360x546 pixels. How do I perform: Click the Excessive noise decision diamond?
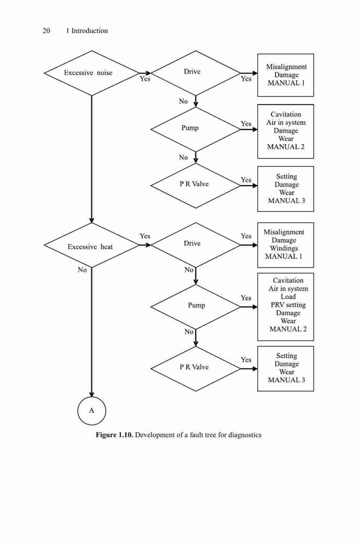coord(92,73)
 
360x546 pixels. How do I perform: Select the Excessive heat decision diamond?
coord(92,245)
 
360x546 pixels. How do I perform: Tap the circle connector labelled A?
coord(92,411)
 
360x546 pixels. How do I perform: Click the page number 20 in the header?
coord(46,31)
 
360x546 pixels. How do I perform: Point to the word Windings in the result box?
coord(284,248)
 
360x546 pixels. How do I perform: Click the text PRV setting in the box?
coord(288,305)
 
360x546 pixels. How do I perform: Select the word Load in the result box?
coord(288,296)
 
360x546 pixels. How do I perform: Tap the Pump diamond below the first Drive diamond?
coord(196,129)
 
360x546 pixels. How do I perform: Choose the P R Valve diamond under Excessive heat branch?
coord(196,369)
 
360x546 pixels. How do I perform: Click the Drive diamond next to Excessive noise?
coord(196,73)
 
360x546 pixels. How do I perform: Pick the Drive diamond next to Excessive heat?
coord(196,245)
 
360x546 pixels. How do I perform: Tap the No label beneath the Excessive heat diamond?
coord(82,270)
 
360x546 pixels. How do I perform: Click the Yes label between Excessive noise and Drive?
coord(145,79)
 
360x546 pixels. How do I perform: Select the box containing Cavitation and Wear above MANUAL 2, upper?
coord(286,132)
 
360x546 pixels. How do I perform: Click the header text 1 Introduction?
coord(87,31)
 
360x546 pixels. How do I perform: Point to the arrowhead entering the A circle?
coord(92,395)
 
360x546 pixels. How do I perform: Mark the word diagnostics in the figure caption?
coord(245,435)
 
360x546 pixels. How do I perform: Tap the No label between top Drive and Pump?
coord(184,102)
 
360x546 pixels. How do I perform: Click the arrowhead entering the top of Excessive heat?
coord(92,221)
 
